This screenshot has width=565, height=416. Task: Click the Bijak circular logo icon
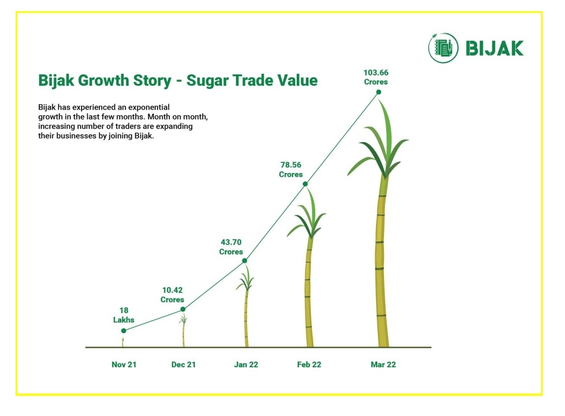pos(443,48)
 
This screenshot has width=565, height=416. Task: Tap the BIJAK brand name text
pos(495,48)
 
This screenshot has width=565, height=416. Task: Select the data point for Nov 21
pos(124,331)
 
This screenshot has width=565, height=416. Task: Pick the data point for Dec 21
pos(183,309)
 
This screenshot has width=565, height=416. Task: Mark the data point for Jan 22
pos(245,261)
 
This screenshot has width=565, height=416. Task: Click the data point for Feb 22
pos(305,184)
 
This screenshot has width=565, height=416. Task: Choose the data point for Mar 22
pos(379,92)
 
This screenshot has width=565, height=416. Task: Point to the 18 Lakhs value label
pos(124,315)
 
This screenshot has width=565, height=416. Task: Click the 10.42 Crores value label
pos(172,295)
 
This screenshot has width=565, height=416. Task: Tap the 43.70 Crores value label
pos(231,247)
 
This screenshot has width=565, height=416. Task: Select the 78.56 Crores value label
pos(291,170)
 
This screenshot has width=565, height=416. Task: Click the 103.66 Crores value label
pos(376,77)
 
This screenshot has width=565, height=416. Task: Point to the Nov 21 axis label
pos(124,364)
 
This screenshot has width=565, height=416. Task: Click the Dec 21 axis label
pos(183,364)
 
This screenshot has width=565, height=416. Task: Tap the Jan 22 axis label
pos(246,364)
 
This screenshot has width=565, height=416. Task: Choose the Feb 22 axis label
pos(309,364)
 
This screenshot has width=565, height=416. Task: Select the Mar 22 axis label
pos(383,364)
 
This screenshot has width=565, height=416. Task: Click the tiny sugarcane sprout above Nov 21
pos(122,342)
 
